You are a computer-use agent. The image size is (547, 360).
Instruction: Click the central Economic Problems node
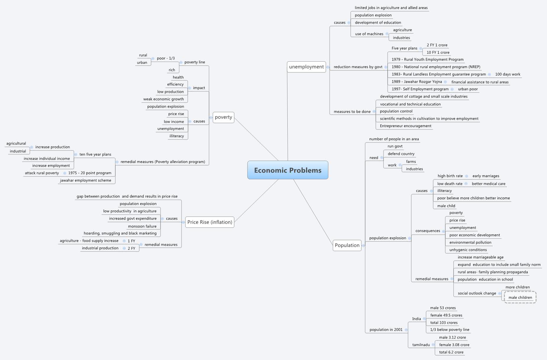coord(288,170)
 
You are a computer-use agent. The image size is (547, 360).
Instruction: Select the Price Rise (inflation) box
coord(210,222)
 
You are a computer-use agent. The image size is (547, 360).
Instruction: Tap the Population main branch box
coord(347,245)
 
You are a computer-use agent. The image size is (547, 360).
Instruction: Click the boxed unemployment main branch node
coord(306,67)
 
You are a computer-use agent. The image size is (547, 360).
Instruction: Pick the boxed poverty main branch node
coord(224,117)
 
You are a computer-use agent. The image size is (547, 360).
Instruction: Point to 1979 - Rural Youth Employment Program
coord(428,59)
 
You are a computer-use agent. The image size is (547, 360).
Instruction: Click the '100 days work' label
coord(508,74)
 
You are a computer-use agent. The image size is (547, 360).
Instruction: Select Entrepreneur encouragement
coord(406,126)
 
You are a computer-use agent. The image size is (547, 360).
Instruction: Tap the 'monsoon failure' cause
coord(142,226)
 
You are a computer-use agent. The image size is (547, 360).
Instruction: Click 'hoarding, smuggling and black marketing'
coord(120,233)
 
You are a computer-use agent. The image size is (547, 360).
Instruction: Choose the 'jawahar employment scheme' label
coord(86,180)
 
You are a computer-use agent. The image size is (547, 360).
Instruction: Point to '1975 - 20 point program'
coord(90,173)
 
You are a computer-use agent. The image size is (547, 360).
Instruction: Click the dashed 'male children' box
coord(520,297)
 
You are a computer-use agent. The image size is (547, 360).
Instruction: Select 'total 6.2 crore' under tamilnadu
coord(451,352)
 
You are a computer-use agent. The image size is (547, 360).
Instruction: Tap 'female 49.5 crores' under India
coord(446,315)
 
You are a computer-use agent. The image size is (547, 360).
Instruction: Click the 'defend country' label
coord(401,154)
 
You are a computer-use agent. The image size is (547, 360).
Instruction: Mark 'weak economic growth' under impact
coord(164,99)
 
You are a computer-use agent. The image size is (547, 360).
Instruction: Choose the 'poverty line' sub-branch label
coord(195,62)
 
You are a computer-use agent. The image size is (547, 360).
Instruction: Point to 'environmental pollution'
coord(470,242)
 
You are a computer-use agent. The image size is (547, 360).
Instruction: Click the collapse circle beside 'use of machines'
coord(387,34)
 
